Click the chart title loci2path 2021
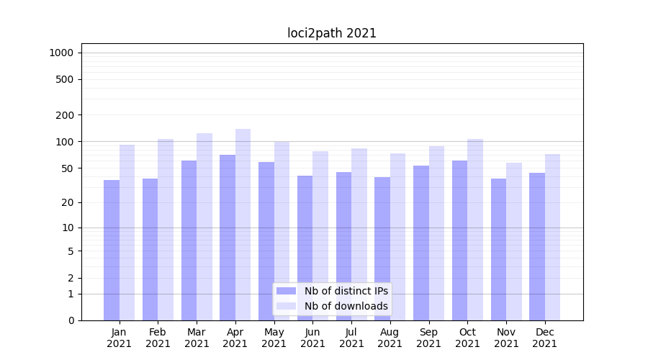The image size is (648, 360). tap(332, 33)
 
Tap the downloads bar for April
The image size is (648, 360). tap(243, 224)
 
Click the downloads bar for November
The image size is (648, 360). tap(514, 241)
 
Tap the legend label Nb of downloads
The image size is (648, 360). tap(346, 306)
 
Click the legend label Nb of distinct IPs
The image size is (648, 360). tap(346, 291)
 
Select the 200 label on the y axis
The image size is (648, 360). tap(65, 115)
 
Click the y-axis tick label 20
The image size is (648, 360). tap(68, 202)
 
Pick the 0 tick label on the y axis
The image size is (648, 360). tap(71, 320)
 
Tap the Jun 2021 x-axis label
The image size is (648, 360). tap(312, 338)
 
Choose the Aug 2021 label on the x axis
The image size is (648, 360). tap(390, 338)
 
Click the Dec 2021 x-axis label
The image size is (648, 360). tap(545, 338)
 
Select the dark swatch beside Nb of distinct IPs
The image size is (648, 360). tap(287, 291)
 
